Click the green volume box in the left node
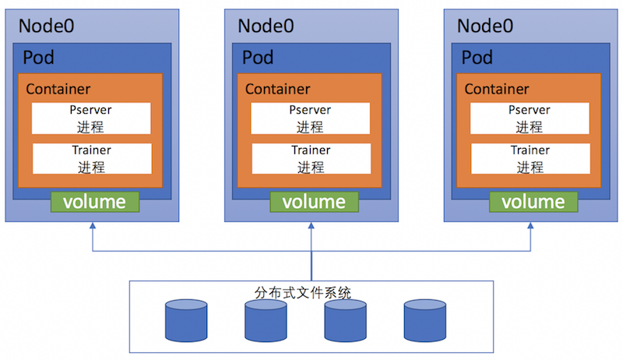(x=95, y=202)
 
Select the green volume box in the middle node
(x=314, y=202)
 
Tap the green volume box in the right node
(x=533, y=202)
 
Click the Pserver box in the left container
(x=91, y=118)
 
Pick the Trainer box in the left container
(x=91, y=158)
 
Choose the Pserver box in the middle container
(x=311, y=118)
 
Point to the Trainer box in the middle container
(x=311, y=158)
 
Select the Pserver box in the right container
(x=530, y=118)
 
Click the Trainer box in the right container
(x=530, y=158)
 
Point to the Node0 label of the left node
(x=47, y=25)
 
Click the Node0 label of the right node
(x=485, y=25)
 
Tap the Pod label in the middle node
(x=258, y=58)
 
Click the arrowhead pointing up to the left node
(x=93, y=227)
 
